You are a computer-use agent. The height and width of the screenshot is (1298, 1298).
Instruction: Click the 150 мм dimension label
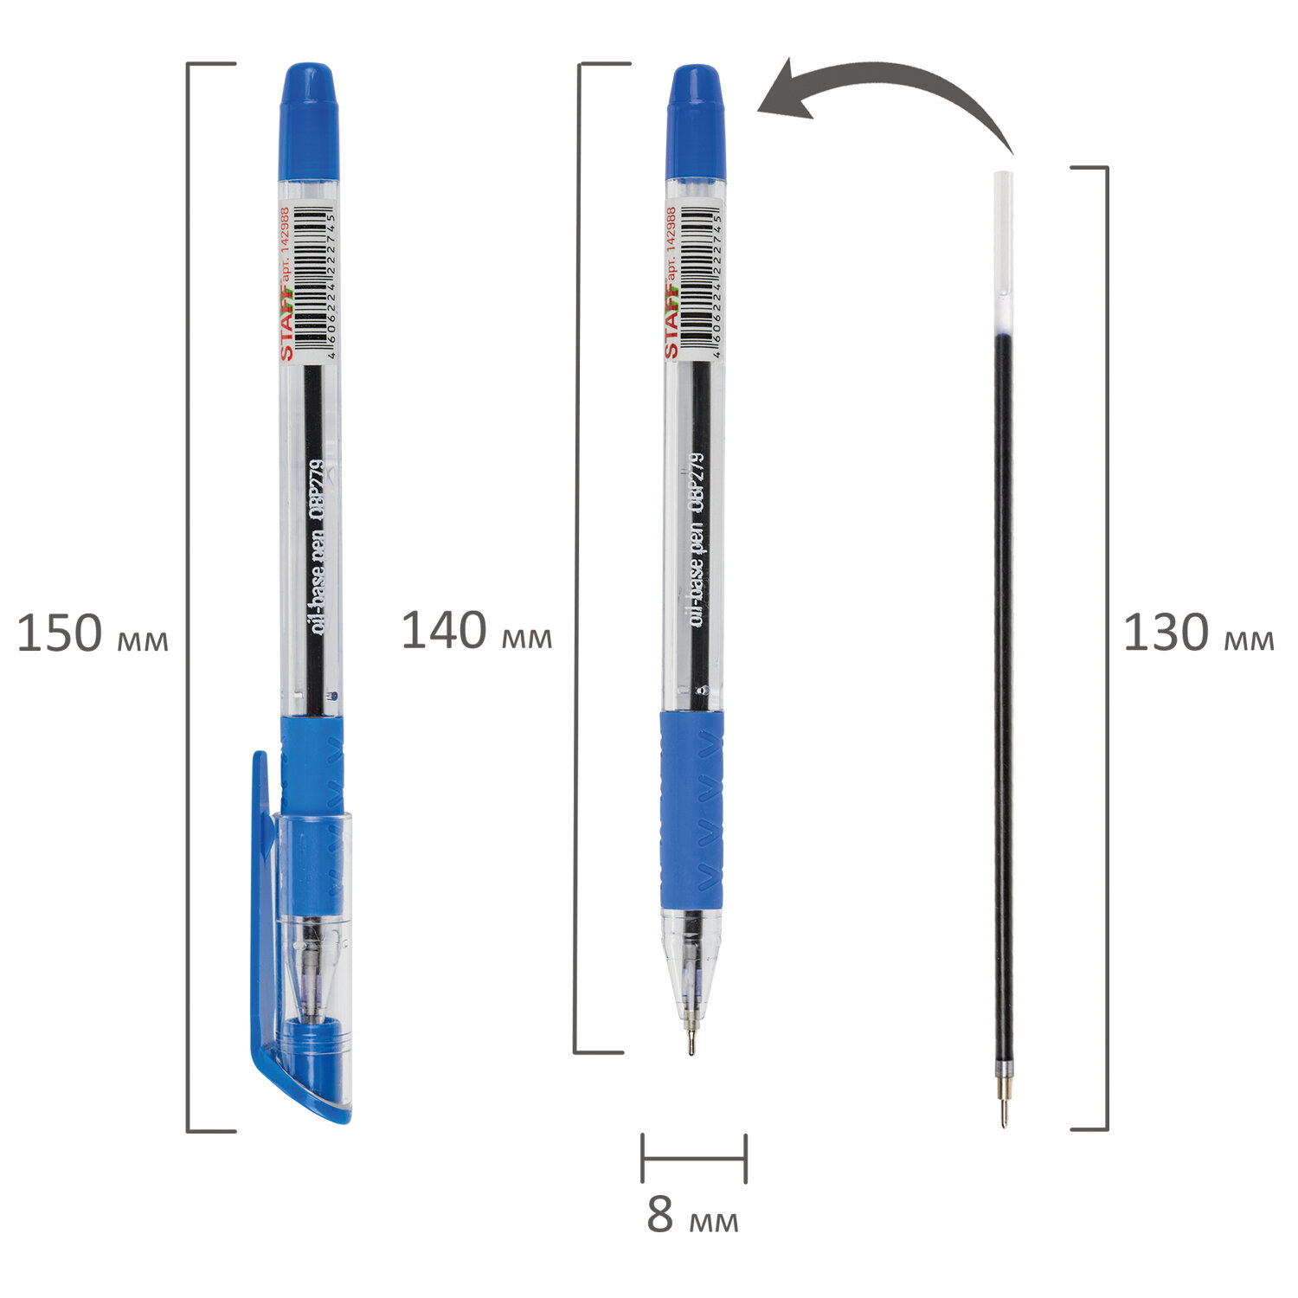click(93, 633)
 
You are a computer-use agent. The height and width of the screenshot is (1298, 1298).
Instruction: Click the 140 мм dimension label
click(477, 631)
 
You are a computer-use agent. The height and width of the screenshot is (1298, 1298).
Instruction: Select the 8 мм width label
click(692, 1215)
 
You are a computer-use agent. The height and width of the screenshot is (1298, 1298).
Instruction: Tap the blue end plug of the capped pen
click(309, 120)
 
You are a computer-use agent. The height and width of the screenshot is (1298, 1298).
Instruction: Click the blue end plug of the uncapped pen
click(696, 121)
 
